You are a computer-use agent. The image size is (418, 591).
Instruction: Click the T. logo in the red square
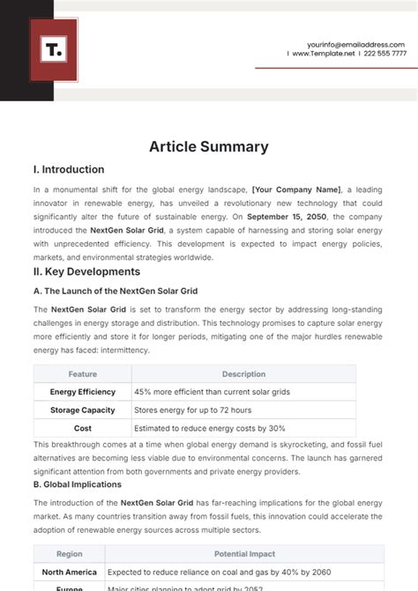pyautogui.click(x=54, y=50)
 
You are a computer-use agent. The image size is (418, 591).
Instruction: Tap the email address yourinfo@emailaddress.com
pyautogui.click(x=356, y=44)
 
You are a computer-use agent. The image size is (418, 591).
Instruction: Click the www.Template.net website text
pyautogui.click(x=323, y=54)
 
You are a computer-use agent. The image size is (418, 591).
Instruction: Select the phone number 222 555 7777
pyautogui.click(x=385, y=54)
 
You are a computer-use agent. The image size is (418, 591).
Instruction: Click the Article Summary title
pyautogui.click(x=209, y=146)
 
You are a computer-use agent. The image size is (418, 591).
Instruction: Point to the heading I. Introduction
pyautogui.click(x=69, y=170)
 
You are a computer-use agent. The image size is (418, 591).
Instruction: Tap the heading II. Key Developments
pyautogui.click(x=86, y=271)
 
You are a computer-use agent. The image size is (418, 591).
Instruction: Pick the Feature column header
pyautogui.click(x=82, y=374)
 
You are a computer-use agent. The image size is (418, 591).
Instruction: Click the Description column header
pyautogui.click(x=243, y=374)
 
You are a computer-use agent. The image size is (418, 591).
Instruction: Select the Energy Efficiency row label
pyautogui.click(x=82, y=392)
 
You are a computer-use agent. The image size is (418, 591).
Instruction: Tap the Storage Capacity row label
pyautogui.click(x=82, y=410)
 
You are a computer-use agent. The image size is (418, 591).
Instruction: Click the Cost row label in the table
pyautogui.click(x=82, y=428)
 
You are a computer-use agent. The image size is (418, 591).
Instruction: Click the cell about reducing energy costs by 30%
pyautogui.click(x=210, y=428)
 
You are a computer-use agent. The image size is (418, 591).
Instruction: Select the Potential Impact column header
pyautogui.click(x=243, y=554)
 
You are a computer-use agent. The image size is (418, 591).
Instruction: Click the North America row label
pyautogui.click(x=71, y=572)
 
